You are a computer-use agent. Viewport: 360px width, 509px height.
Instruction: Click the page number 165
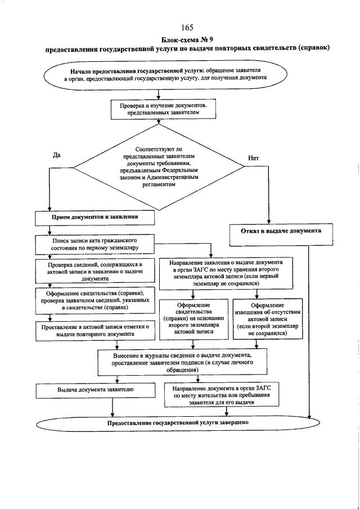point(187,27)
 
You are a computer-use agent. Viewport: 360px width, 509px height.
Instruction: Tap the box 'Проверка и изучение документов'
point(163,109)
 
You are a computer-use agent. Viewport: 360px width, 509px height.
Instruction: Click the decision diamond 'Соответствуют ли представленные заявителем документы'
point(159,167)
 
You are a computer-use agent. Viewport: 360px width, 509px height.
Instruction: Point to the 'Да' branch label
point(56,155)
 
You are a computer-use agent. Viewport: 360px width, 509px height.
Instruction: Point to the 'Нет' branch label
point(253,158)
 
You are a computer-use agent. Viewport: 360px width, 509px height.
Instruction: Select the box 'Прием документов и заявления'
point(95,218)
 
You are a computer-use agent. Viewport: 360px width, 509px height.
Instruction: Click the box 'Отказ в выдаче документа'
point(281,234)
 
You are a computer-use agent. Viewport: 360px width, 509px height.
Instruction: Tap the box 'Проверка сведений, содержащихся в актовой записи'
point(95,272)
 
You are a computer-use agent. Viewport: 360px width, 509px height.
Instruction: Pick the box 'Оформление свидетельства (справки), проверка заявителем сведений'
point(95,300)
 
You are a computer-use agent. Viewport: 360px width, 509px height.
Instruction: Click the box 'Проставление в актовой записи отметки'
point(95,331)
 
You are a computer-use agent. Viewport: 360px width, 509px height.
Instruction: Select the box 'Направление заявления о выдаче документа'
point(226,273)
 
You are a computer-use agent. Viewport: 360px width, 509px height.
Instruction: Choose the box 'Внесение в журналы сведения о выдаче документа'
point(183,362)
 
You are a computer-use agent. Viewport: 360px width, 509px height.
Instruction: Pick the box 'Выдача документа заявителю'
point(95,391)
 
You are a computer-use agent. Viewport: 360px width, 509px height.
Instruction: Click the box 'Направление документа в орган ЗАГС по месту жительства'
point(222,395)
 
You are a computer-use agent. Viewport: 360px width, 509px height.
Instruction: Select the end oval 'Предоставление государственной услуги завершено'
point(178,423)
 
